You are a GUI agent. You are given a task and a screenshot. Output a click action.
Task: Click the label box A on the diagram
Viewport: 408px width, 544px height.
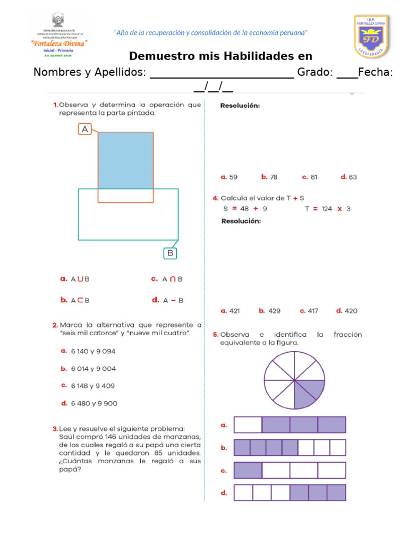point(85,129)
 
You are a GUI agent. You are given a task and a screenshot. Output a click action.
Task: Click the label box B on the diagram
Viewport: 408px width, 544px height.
point(170,253)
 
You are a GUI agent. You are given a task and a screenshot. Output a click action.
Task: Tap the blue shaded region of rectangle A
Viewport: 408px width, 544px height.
point(125,160)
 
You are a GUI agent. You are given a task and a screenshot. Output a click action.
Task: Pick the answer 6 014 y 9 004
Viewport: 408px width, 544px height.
point(93,369)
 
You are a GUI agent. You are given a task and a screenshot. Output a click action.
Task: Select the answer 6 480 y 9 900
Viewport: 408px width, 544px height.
point(94,403)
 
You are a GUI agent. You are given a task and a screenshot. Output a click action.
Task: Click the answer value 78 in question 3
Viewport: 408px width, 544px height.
point(273,177)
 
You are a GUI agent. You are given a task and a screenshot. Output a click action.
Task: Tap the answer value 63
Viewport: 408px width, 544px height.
point(353,177)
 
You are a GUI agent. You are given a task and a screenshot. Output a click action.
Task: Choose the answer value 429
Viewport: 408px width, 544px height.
point(274,311)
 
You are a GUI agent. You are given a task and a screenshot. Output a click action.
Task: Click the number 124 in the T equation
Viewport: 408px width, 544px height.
point(326,209)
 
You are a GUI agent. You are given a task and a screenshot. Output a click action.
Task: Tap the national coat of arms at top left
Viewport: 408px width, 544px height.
point(57,21)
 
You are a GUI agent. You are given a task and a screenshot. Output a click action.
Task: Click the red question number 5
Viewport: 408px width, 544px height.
point(215,335)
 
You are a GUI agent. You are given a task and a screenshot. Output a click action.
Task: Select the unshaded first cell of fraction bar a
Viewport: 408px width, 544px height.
point(248,425)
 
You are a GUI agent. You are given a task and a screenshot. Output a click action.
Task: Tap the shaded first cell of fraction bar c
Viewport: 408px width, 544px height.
point(248,470)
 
